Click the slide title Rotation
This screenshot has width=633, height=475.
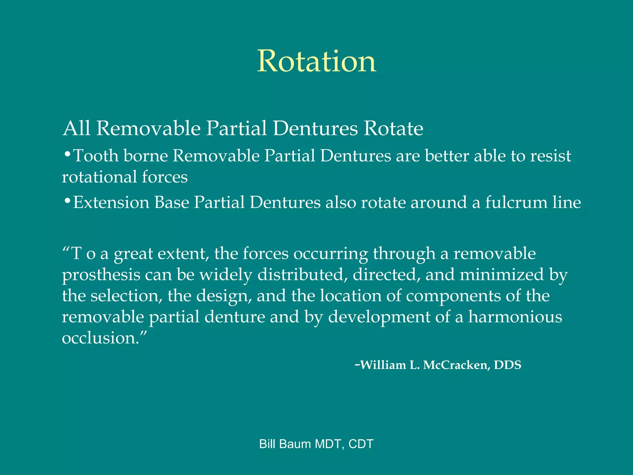pyautogui.click(x=316, y=61)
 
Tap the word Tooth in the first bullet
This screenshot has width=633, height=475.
pyautogui.click(x=96, y=156)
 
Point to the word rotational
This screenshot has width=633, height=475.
pyautogui.click(x=99, y=177)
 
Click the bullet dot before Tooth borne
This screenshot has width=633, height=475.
pyautogui.click(x=67, y=154)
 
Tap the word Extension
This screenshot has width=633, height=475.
pyautogui.click(x=111, y=203)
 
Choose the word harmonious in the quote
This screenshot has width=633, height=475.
pyautogui.click(x=515, y=317)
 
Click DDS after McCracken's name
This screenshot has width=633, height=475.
pyautogui.click(x=508, y=365)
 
